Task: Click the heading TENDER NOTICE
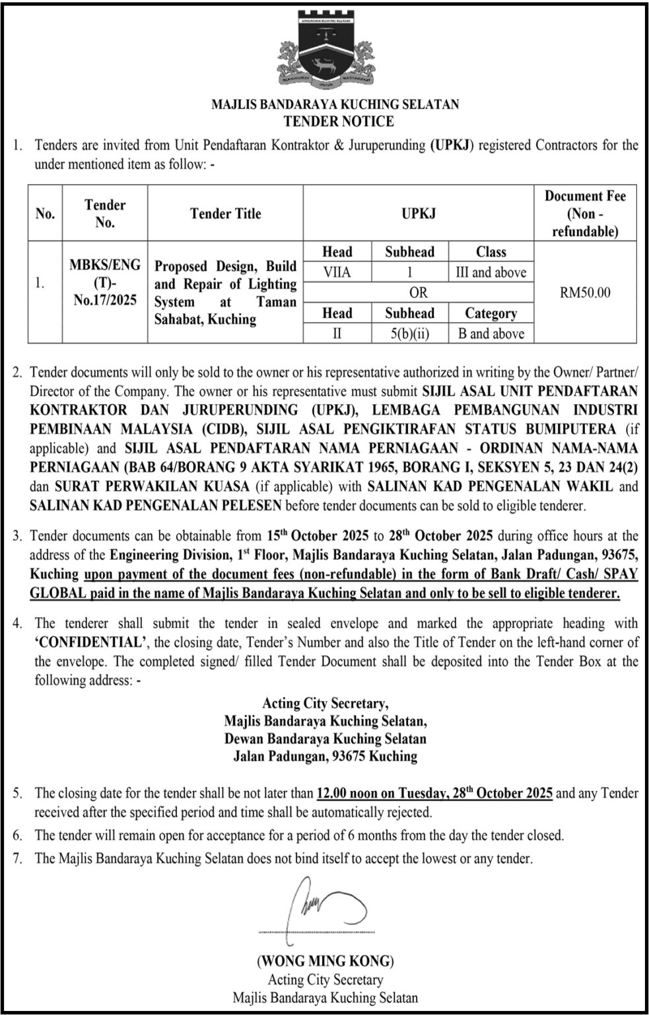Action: tap(338, 121)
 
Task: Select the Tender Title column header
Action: tap(225, 213)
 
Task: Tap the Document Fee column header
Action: tap(584, 213)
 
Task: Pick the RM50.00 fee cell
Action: tap(584, 292)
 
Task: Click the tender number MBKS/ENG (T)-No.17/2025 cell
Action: tap(105, 283)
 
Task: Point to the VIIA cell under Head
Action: tap(337, 272)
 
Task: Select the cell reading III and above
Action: tap(491, 272)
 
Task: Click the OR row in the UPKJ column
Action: tap(418, 292)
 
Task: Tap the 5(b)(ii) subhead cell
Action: tap(409, 334)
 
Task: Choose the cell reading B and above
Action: tap(491, 334)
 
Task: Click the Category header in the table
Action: tap(491, 313)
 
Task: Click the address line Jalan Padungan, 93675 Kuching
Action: tap(325, 756)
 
